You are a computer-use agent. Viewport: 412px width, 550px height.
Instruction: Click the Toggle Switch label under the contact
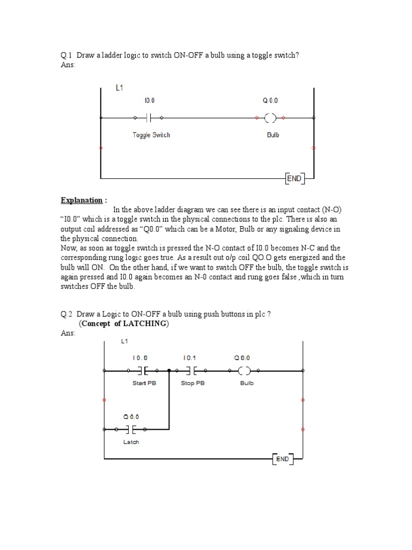point(151,135)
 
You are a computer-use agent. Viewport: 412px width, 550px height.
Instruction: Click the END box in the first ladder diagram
point(295,178)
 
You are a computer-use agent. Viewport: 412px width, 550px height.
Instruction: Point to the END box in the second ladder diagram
point(283,459)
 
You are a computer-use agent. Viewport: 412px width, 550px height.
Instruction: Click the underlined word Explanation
point(81,200)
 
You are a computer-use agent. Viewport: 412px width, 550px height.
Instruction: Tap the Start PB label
point(144,383)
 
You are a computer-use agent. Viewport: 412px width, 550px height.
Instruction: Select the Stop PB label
point(193,383)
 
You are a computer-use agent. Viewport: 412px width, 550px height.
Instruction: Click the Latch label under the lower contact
point(131,442)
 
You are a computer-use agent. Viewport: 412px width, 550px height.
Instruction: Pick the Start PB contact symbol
point(143,370)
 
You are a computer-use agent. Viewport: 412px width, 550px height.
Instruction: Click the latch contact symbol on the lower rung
point(131,429)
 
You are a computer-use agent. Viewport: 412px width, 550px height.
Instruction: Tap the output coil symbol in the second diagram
point(244,370)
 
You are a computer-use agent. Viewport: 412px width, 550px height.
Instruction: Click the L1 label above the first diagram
point(121,87)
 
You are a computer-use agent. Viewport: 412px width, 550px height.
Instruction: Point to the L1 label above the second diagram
point(124,342)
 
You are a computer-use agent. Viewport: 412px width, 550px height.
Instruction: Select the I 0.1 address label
point(190,357)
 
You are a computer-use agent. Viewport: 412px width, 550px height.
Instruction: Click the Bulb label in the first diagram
point(273,135)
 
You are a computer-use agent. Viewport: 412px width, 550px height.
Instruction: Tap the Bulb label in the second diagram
point(247,383)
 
